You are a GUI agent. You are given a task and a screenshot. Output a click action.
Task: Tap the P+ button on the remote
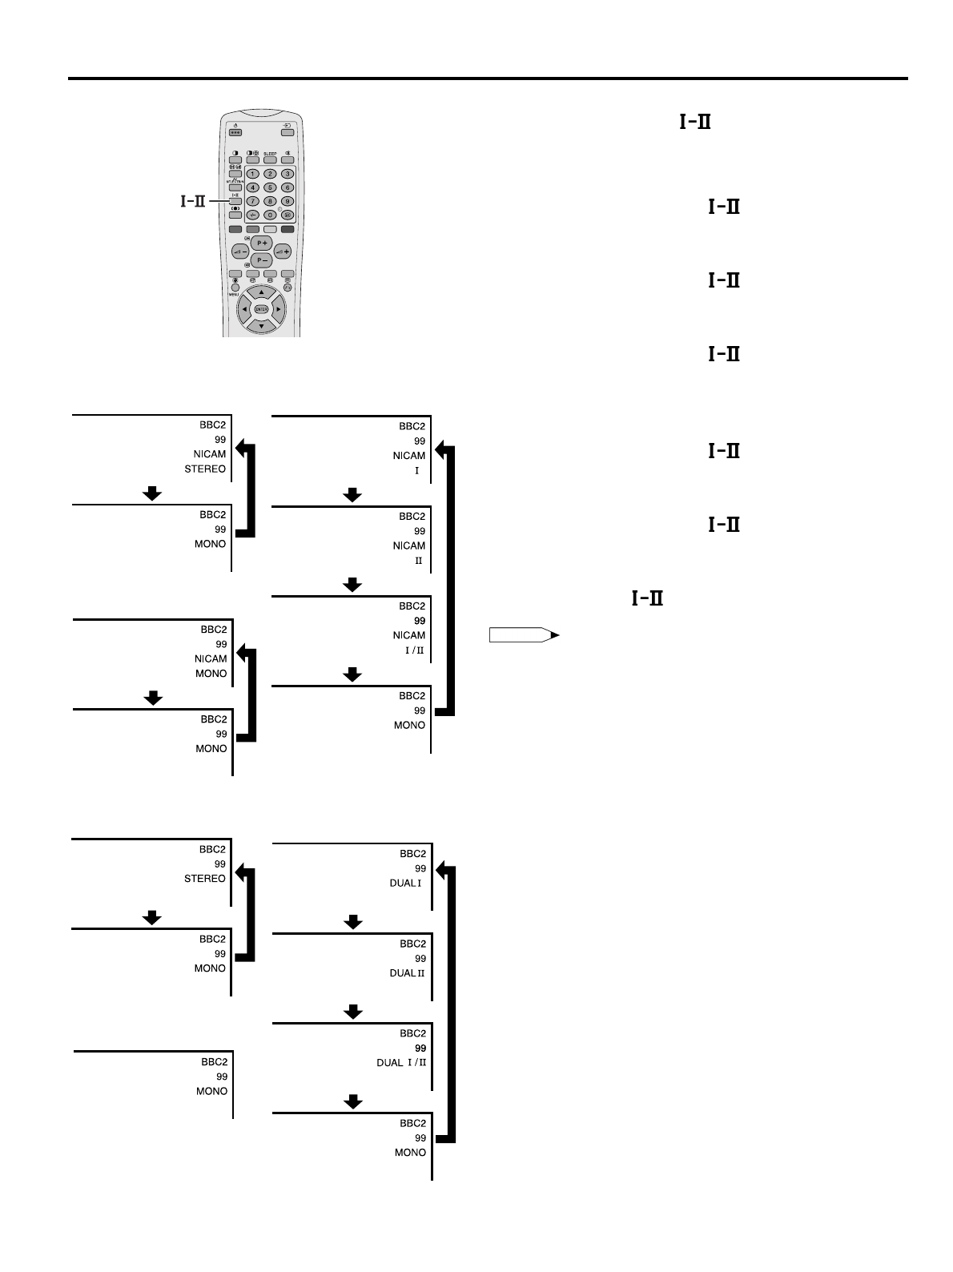(262, 244)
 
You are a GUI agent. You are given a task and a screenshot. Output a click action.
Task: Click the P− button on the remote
(262, 260)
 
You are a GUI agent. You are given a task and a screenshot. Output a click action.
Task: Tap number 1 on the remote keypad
(252, 174)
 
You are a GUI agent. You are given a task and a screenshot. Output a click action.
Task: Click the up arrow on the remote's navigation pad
(261, 292)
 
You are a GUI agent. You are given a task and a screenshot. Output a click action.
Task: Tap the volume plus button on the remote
(283, 252)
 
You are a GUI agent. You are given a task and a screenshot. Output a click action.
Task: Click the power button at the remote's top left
(235, 132)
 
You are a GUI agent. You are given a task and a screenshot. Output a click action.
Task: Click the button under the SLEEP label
(270, 159)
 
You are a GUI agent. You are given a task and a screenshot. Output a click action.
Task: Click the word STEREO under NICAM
(205, 469)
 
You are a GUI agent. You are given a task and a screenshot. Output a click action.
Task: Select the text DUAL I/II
(401, 1063)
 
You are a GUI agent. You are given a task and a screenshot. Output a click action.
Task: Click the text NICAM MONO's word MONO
(211, 674)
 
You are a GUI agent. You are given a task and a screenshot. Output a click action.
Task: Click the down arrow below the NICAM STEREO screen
(151, 493)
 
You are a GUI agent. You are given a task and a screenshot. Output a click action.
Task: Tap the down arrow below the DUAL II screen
(352, 1012)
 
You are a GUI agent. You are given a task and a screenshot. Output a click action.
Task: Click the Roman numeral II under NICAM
(418, 561)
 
